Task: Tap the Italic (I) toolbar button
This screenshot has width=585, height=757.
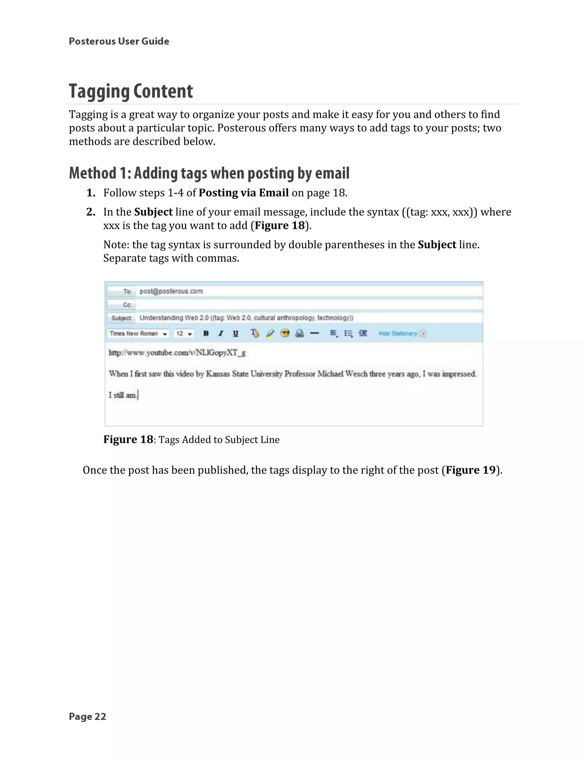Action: coord(221,333)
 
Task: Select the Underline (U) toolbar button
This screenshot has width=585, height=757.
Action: coord(236,333)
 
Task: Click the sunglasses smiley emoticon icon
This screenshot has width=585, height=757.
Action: coord(285,333)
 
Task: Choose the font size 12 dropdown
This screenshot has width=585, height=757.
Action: coord(184,333)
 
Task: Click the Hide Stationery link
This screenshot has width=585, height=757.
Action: coord(398,333)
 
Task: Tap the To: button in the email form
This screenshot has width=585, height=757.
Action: coord(121,291)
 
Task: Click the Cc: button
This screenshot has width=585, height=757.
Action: coord(121,305)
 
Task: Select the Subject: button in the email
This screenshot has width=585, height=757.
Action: coord(121,318)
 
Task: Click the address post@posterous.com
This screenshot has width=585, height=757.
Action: coord(171,291)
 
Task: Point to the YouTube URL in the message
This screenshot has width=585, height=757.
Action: coord(177,353)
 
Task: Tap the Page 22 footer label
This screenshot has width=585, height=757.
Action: coord(87,717)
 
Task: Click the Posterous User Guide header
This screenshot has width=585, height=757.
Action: coord(119,41)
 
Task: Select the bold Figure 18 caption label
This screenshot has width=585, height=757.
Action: coord(128,440)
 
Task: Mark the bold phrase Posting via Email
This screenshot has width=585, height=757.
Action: coord(244,193)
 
